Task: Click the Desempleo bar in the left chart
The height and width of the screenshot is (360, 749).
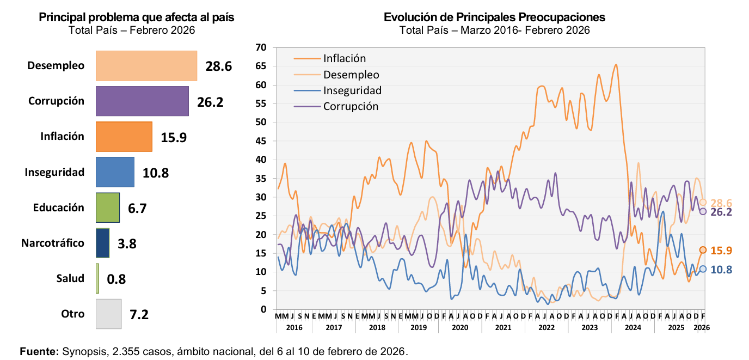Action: click(146, 66)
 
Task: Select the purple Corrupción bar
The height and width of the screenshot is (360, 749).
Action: click(142, 101)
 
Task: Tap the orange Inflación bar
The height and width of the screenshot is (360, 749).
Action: click(124, 137)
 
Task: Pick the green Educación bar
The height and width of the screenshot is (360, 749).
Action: click(108, 208)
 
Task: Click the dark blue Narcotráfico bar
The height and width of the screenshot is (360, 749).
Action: click(102, 243)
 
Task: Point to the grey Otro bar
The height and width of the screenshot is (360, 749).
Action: click(108, 314)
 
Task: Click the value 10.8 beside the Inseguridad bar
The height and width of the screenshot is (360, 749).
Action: click(156, 173)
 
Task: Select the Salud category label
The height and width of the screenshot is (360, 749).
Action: click(70, 279)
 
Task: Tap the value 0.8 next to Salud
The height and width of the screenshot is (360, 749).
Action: click(116, 279)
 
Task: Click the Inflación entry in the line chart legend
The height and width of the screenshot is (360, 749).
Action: click(344, 58)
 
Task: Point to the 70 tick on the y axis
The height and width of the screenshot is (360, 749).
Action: click(261, 48)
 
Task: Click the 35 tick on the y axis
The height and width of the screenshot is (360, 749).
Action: click(261, 179)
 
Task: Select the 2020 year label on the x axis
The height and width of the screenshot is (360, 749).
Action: click(460, 328)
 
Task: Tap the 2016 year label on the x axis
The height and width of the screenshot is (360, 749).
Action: click(294, 328)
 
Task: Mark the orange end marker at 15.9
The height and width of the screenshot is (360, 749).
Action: click(703, 250)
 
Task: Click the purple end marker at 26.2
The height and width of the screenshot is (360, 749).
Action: click(703, 211)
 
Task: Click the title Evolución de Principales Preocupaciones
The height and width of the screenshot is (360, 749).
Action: click(494, 17)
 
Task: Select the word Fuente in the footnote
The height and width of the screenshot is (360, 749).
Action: click(39, 351)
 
